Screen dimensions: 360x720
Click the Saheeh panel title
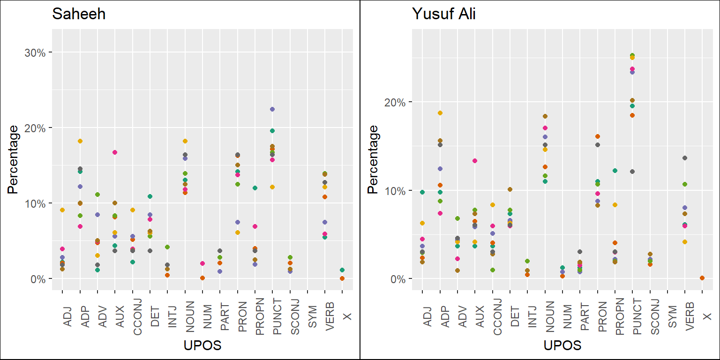click(x=79, y=14)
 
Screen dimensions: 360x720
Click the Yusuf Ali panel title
click(x=444, y=14)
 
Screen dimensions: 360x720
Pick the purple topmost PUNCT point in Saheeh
click(x=272, y=109)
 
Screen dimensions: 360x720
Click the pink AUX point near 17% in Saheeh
click(x=115, y=152)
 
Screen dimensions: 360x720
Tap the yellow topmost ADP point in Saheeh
click(x=80, y=141)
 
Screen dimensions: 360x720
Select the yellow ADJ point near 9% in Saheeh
click(x=62, y=210)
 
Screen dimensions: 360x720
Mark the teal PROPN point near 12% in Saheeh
click(x=255, y=188)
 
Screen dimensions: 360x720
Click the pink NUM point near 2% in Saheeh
click(x=202, y=263)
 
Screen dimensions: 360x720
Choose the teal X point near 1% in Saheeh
click(x=342, y=270)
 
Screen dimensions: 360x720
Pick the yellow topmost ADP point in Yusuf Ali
click(x=440, y=113)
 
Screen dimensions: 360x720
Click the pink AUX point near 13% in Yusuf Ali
click(x=475, y=161)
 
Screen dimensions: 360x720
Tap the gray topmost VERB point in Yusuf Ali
click(x=685, y=158)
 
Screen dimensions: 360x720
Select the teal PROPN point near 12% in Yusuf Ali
click(x=615, y=171)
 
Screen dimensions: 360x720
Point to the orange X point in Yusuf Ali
click(x=702, y=278)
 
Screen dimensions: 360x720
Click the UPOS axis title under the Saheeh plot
click(x=202, y=346)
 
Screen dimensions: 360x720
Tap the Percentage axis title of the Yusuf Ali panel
click(x=373, y=159)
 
